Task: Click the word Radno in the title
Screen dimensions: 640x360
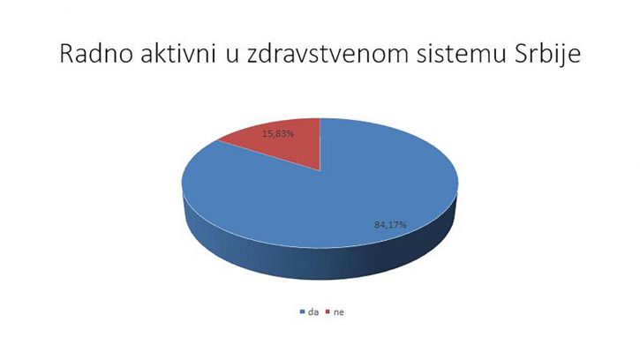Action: click(96, 54)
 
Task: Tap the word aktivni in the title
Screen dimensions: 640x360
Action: click(178, 54)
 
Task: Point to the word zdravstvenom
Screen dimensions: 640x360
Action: click(328, 54)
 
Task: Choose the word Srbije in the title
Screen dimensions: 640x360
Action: click(547, 55)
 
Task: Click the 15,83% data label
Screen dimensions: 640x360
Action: click(277, 133)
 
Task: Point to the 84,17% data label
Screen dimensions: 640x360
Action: click(390, 224)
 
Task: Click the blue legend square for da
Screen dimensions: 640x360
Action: click(302, 312)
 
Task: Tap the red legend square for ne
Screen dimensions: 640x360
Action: click(328, 312)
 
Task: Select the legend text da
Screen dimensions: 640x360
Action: click(313, 312)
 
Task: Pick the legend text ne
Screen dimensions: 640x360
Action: click(339, 312)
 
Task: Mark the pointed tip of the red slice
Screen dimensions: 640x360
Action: click(320, 170)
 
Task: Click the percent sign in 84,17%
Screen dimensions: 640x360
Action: click(403, 224)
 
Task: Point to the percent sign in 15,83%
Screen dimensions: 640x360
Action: click(290, 133)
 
